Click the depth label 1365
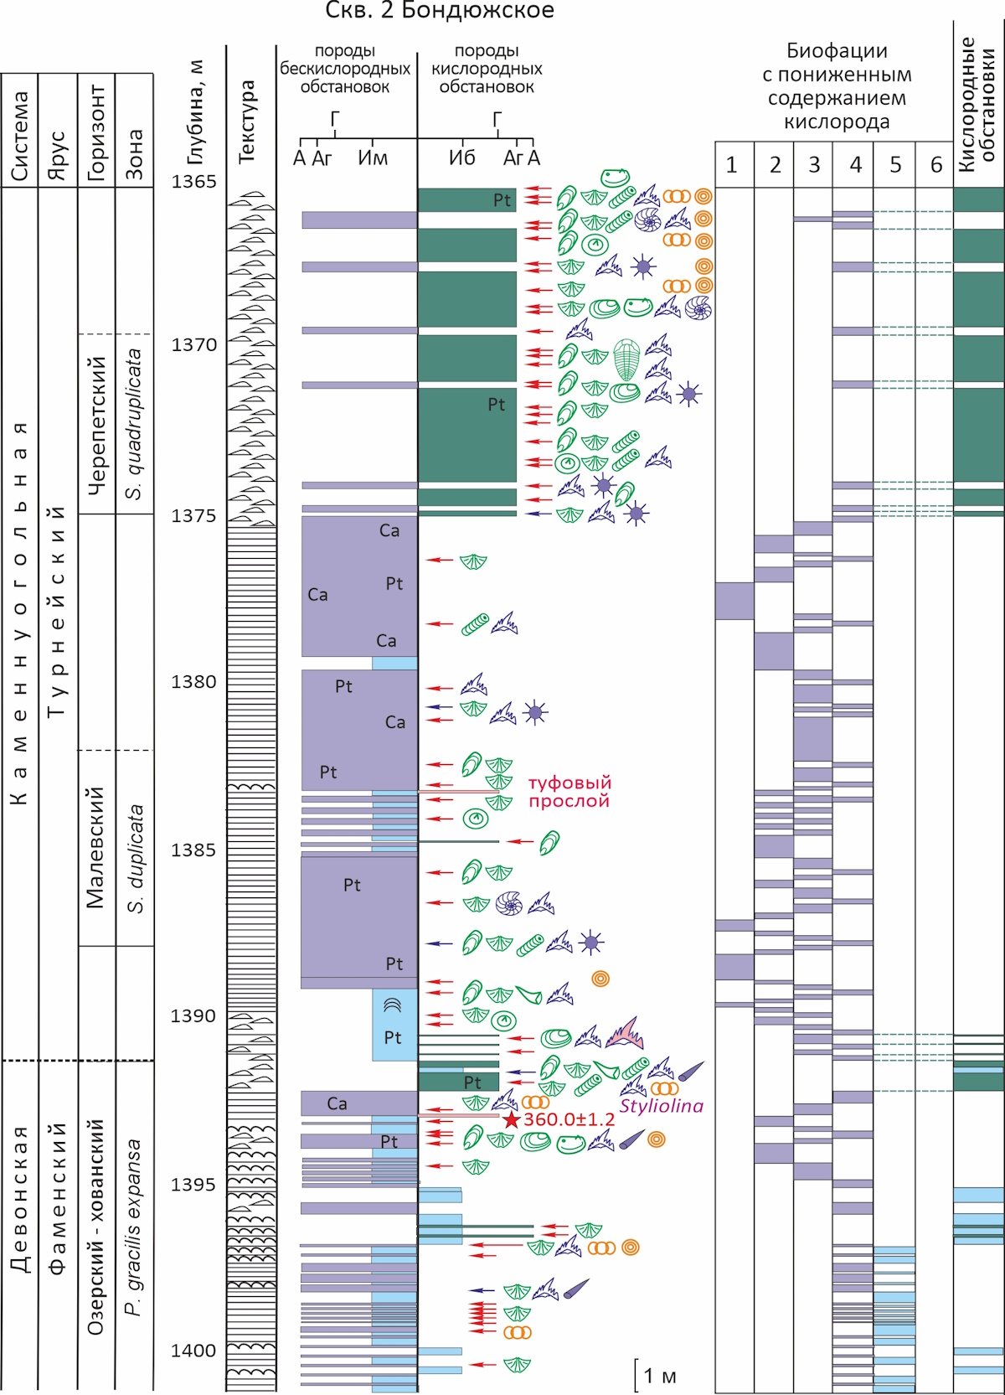(193, 181)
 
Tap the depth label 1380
(193, 682)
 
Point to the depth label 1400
(193, 1351)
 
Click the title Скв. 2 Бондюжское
(440, 11)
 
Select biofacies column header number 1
(732, 165)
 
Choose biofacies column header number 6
(935, 165)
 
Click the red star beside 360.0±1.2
(511, 1119)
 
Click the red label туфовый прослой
(569, 792)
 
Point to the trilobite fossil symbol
(627, 359)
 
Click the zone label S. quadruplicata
(134, 424)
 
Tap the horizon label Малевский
(95, 848)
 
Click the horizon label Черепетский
(96, 426)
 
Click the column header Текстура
(247, 121)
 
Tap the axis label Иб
(462, 158)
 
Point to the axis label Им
(373, 158)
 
